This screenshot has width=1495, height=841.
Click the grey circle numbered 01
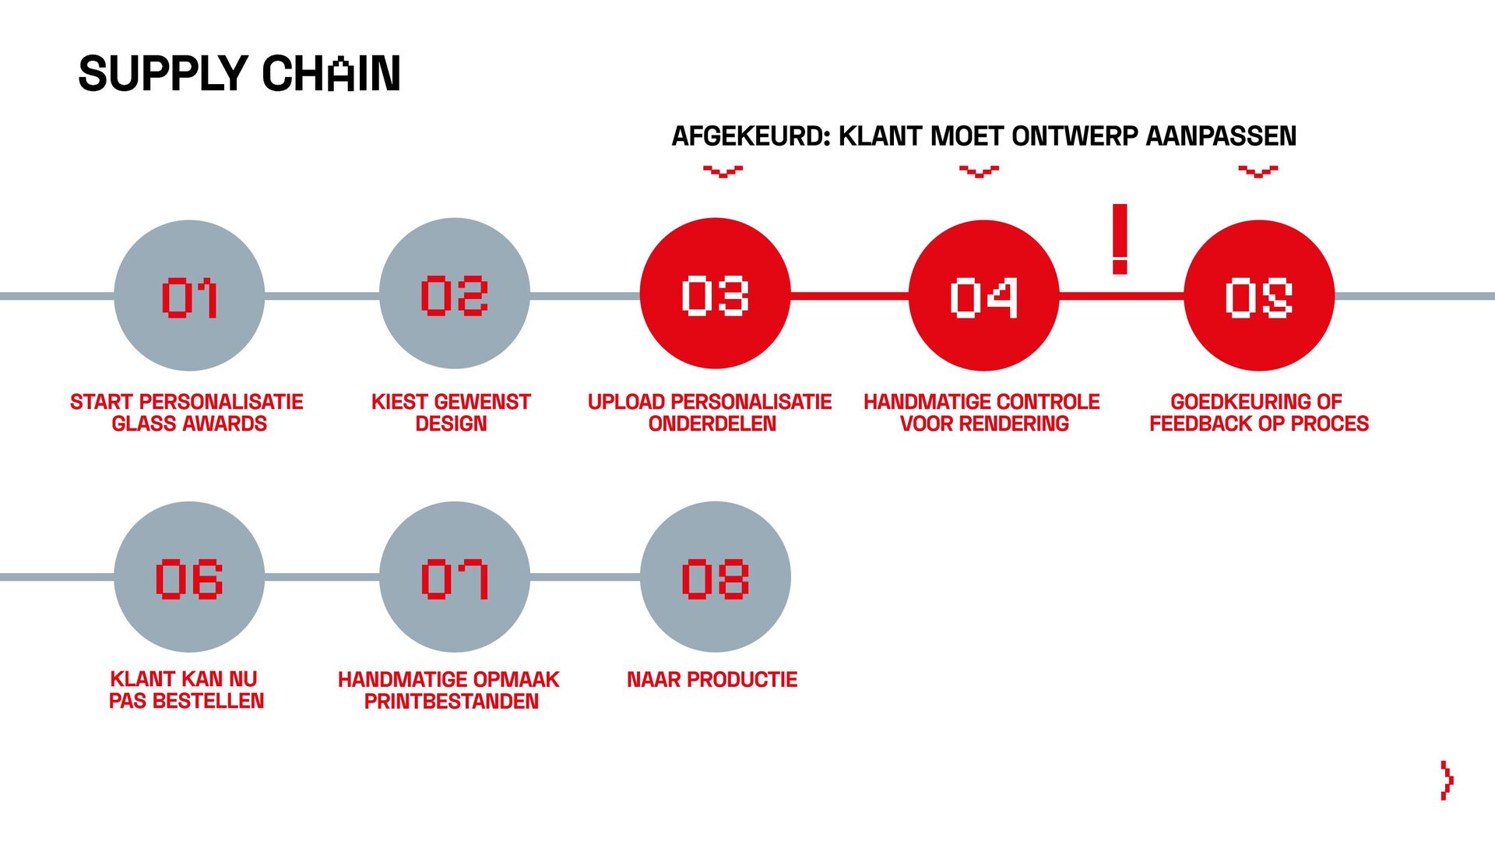pyautogui.click(x=189, y=295)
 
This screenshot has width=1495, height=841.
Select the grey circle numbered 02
pyautogui.click(x=455, y=294)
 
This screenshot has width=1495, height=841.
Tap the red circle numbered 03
pyautogui.click(x=715, y=294)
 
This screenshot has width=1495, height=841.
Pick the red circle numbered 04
pyautogui.click(x=983, y=295)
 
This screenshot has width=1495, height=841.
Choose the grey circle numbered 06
pyautogui.click(x=189, y=577)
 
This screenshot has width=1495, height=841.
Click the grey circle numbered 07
pyautogui.click(x=455, y=577)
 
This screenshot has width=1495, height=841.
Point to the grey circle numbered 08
pyautogui.click(x=715, y=577)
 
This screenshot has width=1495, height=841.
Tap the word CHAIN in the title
pyautogui.click(x=331, y=74)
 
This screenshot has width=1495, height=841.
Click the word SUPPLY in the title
pyautogui.click(x=163, y=74)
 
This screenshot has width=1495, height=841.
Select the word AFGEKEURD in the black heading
pyautogui.click(x=751, y=136)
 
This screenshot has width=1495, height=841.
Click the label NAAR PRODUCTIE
pyautogui.click(x=712, y=680)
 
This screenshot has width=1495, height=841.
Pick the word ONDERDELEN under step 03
pyautogui.click(x=712, y=424)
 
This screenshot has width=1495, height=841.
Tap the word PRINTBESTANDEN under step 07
pyautogui.click(x=451, y=702)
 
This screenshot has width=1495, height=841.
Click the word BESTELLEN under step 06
pyautogui.click(x=208, y=701)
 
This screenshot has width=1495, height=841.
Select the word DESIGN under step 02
pyautogui.click(x=451, y=424)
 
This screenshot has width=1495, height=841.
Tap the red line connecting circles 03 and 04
pyautogui.click(x=850, y=296)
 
